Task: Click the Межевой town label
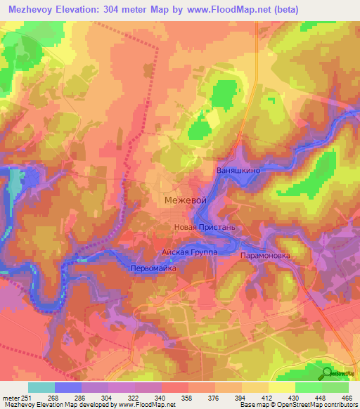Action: tap(185, 200)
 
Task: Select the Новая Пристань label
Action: tap(209, 228)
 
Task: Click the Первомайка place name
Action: tap(153, 269)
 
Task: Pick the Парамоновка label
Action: tap(264, 256)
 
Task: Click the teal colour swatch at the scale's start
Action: tap(41, 387)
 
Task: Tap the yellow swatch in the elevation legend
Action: tap(281, 387)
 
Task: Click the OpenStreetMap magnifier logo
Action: tap(328, 373)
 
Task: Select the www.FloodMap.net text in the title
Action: tap(220, 9)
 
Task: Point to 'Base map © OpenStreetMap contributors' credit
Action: tap(298, 405)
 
